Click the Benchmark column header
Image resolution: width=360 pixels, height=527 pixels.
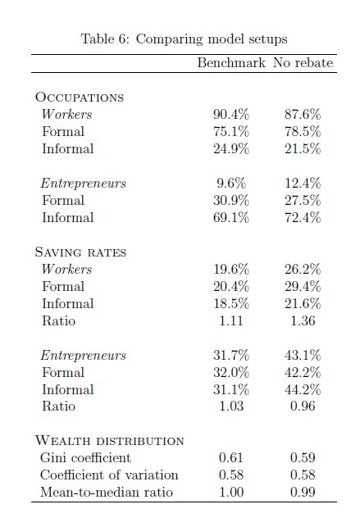tap(231, 63)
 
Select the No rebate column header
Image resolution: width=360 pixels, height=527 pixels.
tap(303, 63)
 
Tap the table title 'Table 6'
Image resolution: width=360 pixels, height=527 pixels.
tap(105, 39)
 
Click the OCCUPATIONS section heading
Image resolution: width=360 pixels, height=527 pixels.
tap(80, 98)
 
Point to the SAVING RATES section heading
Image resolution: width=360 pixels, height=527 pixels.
tap(80, 252)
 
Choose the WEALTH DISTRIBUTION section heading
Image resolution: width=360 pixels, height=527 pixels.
tap(110, 441)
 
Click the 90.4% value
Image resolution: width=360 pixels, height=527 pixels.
tap(231, 114)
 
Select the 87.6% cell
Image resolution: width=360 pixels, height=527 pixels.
tap(303, 114)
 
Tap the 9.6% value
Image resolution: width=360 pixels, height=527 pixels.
tap(231, 183)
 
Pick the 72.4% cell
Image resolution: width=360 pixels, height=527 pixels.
tap(303, 217)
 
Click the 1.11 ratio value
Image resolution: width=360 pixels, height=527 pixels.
tap(231, 320)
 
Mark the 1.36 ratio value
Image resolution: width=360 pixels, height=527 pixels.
tap(303, 320)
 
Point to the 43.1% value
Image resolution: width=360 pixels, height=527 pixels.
tap(303, 355)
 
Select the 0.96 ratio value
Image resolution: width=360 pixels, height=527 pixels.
tap(303, 406)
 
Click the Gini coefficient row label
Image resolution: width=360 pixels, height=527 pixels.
tap(85, 458)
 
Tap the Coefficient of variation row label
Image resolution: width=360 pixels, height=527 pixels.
tap(109, 475)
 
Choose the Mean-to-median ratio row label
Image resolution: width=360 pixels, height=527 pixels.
tap(107, 492)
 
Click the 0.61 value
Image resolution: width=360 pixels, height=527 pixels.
tap(231, 458)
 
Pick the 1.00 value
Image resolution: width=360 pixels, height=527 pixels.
tap(231, 492)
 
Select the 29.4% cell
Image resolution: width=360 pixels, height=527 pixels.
tap(303, 286)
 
